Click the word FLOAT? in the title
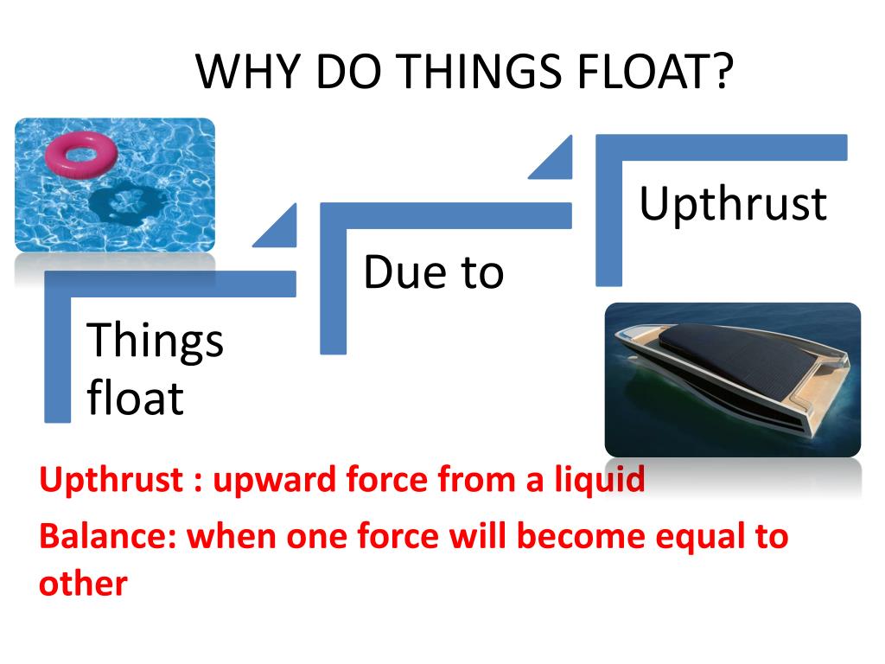point(655,72)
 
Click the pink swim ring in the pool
point(81,154)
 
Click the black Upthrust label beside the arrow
point(733,204)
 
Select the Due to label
point(434,272)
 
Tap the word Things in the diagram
point(155,341)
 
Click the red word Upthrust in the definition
point(111,480)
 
